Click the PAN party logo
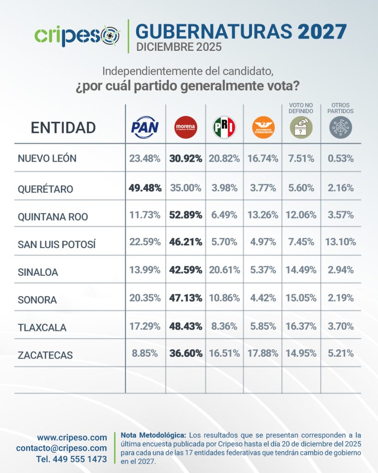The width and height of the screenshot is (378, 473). point(145,127)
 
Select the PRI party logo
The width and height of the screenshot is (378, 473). point(224,127)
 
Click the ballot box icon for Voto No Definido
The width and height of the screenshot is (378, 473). point(301,127)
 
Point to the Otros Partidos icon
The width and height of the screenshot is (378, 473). point(341,127)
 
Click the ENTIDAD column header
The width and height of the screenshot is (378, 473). point(63,127)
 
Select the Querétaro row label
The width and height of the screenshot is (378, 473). point(45,189)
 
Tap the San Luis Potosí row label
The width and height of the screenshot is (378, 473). point(56,244)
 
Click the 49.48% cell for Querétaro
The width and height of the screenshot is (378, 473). point(145,188)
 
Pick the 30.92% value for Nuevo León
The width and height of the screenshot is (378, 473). point(186,158)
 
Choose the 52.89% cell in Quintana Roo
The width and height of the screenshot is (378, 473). point(186,215)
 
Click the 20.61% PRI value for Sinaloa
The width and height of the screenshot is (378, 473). point(224,270)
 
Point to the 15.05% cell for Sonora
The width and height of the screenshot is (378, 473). point(301,298)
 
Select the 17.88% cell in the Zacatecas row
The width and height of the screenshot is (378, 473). point(263,353)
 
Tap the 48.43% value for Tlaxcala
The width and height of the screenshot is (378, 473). point(186,326)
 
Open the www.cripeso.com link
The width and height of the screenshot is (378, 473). point(72,437)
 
